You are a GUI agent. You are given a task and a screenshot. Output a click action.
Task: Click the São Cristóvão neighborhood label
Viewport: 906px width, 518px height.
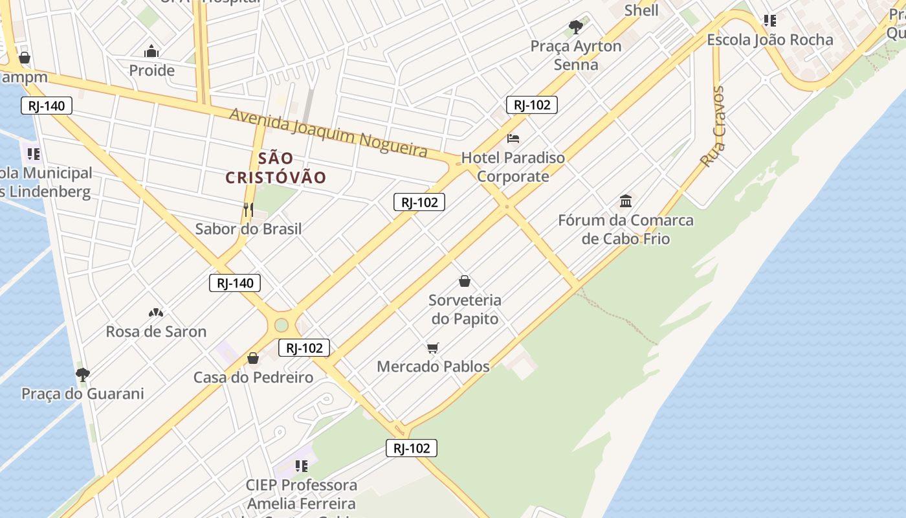(x=276, y=168)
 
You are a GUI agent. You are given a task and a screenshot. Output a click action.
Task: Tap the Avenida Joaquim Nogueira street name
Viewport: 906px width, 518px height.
(x=329, y=132)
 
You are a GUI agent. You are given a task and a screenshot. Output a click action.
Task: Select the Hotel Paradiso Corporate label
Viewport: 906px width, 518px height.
(x=513, y=167)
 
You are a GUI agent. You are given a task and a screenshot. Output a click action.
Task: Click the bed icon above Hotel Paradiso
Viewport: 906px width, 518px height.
(x=513, y=138)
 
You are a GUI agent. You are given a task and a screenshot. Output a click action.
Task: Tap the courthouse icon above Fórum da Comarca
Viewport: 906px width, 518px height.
(x=626, y=201)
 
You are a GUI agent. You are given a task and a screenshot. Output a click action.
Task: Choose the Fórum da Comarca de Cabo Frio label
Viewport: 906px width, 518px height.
(x=626, y=229)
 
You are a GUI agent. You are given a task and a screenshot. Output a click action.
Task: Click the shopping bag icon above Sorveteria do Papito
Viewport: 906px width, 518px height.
(x=465, y=281)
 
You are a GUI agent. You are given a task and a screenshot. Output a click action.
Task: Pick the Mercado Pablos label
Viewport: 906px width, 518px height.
(x=433, y=366)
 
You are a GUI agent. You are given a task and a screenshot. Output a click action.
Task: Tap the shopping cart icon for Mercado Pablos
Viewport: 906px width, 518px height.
(x=433, y=348)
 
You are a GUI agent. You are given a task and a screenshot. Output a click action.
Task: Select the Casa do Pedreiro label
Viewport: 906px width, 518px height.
(x=253, y=377)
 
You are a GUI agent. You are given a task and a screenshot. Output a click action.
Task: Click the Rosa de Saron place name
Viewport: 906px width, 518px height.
(x=156, y=332)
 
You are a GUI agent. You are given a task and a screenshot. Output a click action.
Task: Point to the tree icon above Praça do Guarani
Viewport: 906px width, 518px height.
(x=82, y=374)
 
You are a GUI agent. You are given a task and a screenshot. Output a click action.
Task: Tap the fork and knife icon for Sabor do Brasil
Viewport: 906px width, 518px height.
(x=248, y=209)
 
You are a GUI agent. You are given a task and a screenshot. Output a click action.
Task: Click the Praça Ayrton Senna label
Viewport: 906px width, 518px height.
(x=576, y=55)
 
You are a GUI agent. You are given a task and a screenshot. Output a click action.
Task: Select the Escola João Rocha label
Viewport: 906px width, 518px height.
(x=769, y=39)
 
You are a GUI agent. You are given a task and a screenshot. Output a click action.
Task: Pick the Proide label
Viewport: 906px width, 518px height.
(x=152, y=70)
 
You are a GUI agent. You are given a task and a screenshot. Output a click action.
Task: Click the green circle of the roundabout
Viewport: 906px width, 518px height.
(x=281, y=325)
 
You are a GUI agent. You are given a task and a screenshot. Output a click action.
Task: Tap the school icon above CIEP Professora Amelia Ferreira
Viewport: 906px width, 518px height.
(x=301, y=466)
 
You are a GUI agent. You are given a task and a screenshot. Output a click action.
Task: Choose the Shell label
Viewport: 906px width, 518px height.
(x=641, y=10)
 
